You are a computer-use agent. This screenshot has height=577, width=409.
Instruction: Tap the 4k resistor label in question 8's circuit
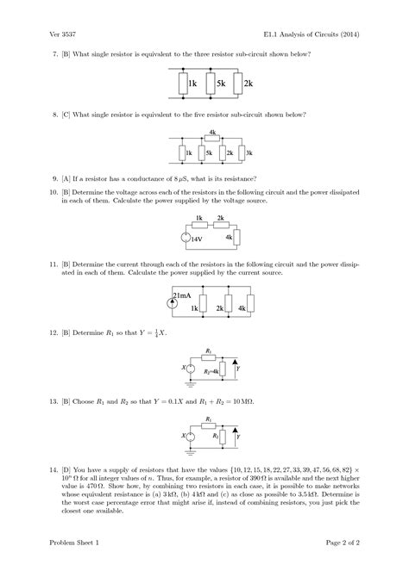point(212,133)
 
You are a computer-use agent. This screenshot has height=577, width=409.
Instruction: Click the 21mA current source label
point(183,295)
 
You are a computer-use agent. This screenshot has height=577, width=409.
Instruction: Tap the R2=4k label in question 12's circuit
point(207,369)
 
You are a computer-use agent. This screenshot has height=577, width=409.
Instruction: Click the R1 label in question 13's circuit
point(208,418)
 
